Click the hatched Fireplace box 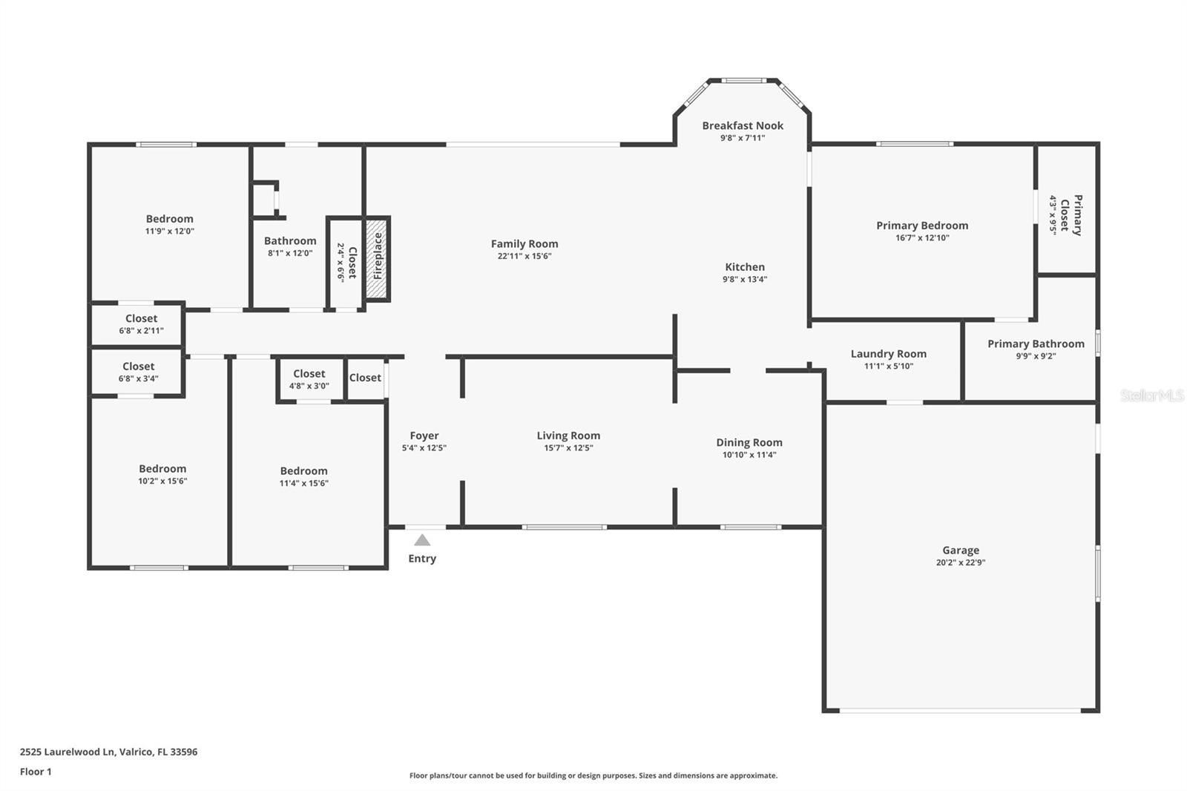(x=377, y=258)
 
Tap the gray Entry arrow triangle (x=422, y=540)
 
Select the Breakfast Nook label (x=743, y=125)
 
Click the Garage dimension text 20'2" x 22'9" (x=961, y=562)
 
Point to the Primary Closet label (x=1071, y=215)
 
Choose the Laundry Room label (x=888, y=354)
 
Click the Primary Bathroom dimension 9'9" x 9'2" (x=1036, y=356)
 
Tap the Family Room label (x=525, y=243)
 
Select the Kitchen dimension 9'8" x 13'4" (x=745, y=279)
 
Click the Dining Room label (x=749, y=442)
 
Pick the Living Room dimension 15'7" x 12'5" (x=568, y=447)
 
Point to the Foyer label (x=424, y=436)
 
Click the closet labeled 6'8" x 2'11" (x=141, y=324)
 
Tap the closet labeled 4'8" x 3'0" (x=309, y=379)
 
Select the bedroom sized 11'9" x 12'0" (x=169, y=224)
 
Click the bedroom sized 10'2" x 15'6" (x=162, y=474)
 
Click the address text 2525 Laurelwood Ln (x=108, y=752)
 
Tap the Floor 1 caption (x=36, y=772)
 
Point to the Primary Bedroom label (x=922, y=226)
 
